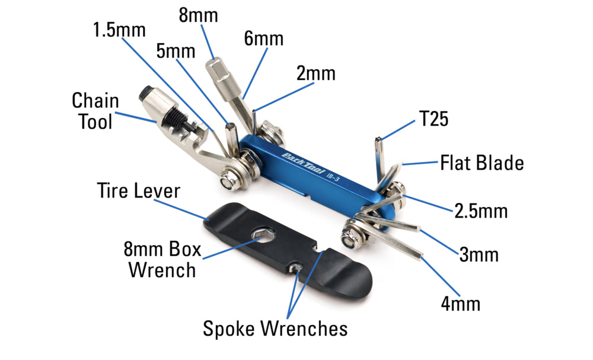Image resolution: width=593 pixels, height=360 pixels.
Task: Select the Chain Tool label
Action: pos(95,111)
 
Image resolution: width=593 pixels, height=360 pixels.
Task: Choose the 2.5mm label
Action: pos(480,211)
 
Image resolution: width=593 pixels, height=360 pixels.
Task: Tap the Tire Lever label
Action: pos(138,192)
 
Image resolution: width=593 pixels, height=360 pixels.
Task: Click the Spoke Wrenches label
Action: pos(275,327)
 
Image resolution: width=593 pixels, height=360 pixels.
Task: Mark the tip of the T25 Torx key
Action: pos(377,140)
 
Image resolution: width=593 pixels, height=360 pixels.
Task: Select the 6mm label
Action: pos(263,40)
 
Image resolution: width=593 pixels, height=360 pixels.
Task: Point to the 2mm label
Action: pos(315,74)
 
